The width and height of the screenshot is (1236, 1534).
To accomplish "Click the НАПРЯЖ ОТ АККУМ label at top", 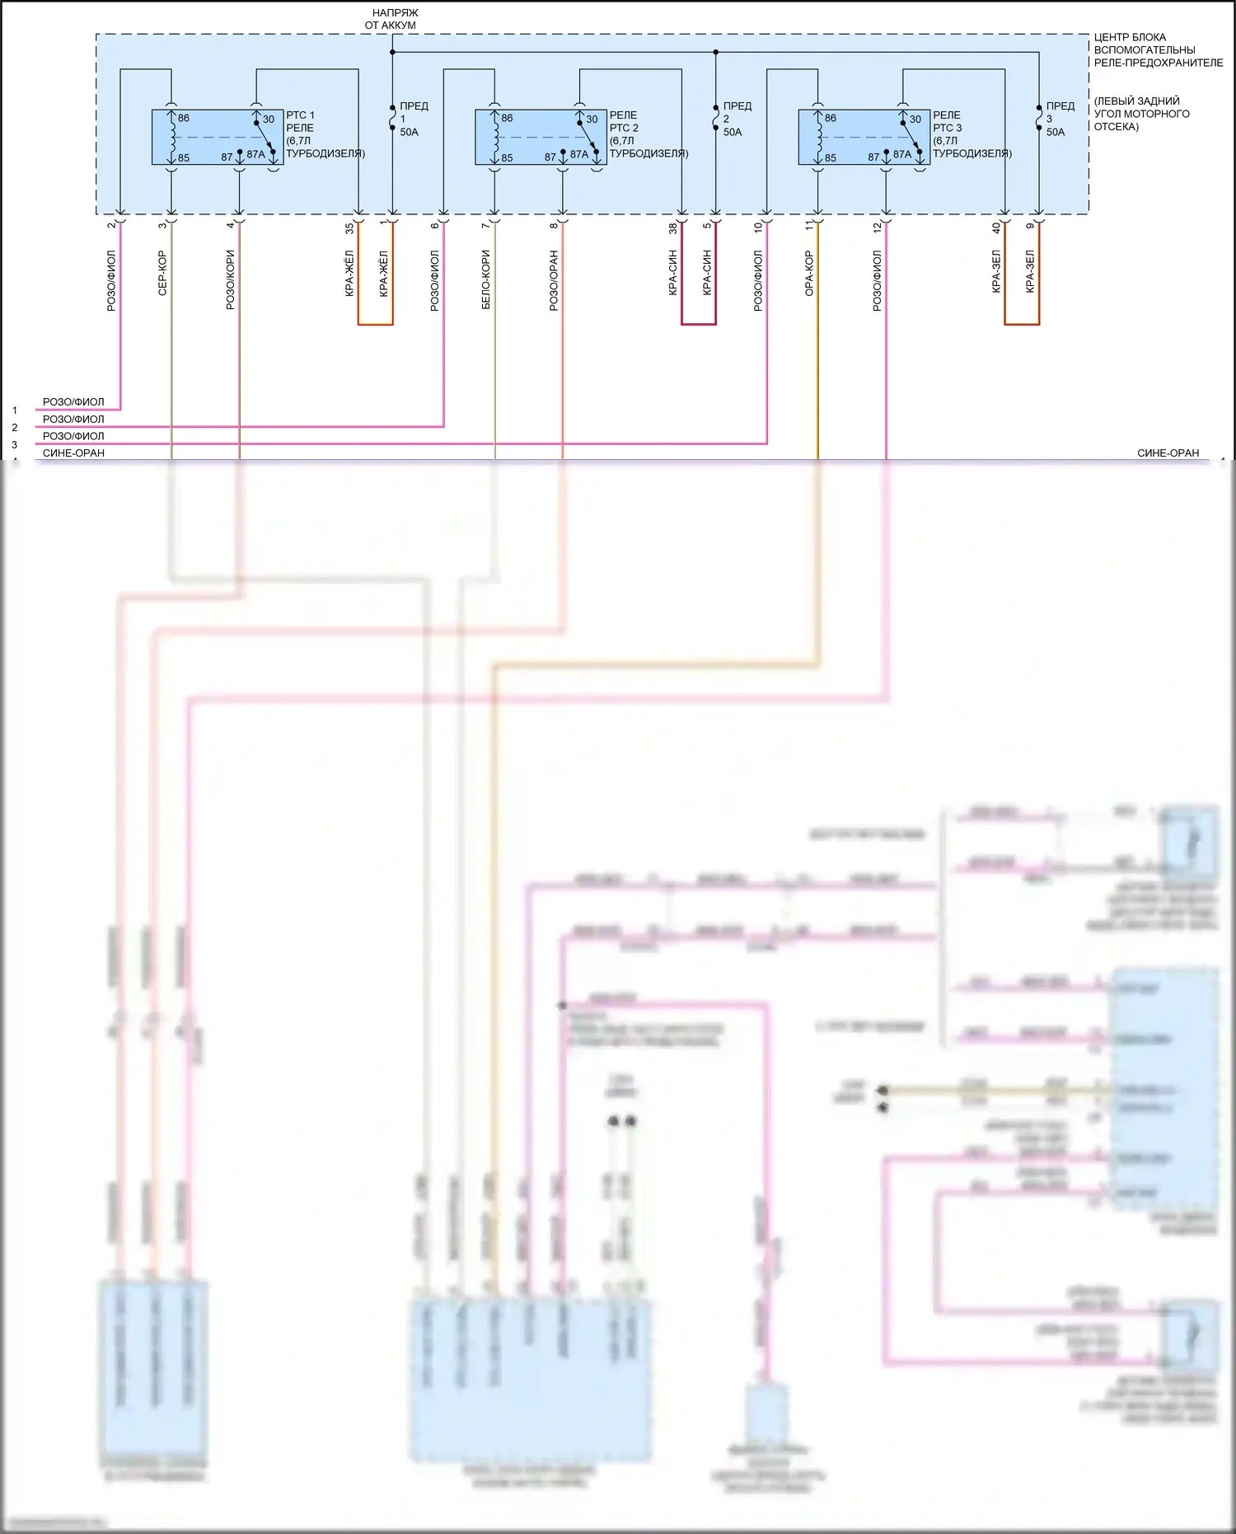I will tap(391, 19).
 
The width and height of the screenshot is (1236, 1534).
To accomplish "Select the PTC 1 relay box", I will tap(218, 137).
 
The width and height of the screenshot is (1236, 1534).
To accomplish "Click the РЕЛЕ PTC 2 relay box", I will tap(541, 137).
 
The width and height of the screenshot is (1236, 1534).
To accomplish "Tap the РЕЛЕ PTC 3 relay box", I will tap(864, 137).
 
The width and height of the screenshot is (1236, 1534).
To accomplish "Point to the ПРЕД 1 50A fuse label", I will tap(412, 119).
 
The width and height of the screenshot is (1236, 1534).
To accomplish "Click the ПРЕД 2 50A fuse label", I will tap(736, 119).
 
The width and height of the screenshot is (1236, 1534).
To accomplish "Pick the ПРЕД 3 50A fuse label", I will tap(1059, 119).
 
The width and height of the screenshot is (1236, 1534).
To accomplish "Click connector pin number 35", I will tap(349, 227).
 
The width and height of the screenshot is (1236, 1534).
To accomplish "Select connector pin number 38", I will tap(673, 227).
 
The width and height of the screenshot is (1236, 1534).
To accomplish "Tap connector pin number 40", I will tap(996, 227).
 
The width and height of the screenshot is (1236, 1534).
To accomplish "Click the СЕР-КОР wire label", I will tap(162, 273).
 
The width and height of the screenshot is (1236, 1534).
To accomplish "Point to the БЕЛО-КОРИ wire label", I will tap(486, 279).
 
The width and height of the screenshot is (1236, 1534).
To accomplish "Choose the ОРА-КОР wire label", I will tap(809, 273).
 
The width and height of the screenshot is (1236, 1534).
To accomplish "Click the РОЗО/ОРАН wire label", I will tap(554, 280).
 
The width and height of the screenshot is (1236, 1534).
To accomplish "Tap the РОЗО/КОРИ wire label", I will tap(231, 280).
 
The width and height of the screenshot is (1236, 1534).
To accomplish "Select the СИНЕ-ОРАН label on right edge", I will tap(1168, 453).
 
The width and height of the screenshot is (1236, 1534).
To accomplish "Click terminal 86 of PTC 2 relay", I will tap(507, 118).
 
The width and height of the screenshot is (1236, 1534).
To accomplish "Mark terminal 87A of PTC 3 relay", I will tap(902, 154).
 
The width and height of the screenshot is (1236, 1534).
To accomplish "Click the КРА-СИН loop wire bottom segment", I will tap(699, 324).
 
